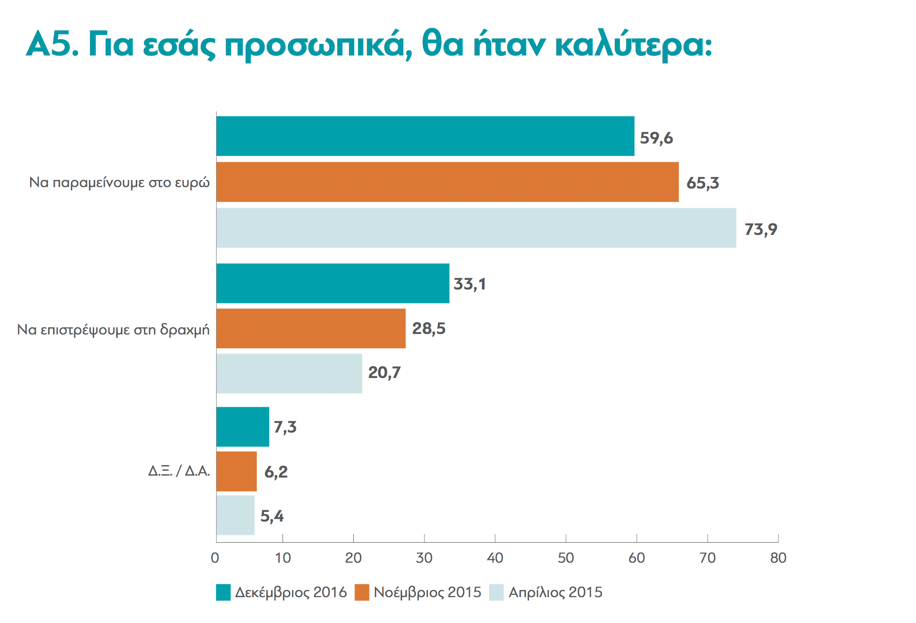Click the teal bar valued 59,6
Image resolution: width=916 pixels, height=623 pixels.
click(425, 136)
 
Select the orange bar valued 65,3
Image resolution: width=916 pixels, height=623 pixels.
click(447, 182)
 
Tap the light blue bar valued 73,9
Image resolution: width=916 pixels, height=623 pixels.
click(476, 228)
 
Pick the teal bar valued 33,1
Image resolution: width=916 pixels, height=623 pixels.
click(333, 283)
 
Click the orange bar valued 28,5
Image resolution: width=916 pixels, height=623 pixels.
click(311, 328)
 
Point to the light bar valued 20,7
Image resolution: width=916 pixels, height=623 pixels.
click(289, 373)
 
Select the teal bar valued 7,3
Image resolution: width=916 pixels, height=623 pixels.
click(242, 427)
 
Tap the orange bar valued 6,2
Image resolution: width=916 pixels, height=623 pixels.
click(236, 471)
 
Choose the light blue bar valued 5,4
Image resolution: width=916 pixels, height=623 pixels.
click(235, 515)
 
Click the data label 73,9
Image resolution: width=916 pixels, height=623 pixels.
click(761, 229)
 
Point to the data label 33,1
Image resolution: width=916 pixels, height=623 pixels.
click(469, 284)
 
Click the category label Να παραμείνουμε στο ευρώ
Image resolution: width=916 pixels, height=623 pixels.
click(120, 183)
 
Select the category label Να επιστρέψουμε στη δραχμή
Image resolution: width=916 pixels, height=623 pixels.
click(113, 330)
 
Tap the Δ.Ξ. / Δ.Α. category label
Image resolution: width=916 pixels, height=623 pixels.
click(179, 471)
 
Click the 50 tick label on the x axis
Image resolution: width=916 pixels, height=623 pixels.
click(566, 558)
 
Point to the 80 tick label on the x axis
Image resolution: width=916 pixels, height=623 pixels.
click(778, 558)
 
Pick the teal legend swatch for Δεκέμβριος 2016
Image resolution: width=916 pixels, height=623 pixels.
click(223, 592)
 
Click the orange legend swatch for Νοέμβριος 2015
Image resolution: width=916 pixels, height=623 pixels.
click(362, 592)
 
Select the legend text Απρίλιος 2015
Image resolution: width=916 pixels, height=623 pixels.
click(555, 592)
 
